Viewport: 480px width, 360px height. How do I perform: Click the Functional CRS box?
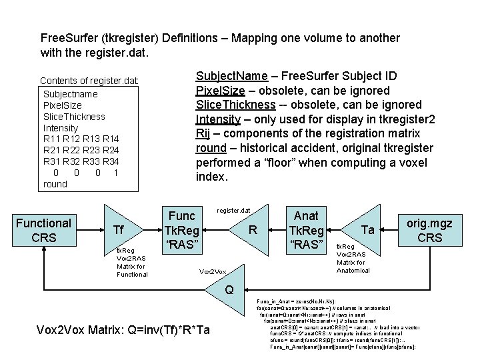tap(43, 230)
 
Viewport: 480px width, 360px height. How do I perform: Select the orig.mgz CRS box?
tap(434, 230)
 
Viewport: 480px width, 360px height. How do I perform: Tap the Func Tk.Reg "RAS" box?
tap(181, 230)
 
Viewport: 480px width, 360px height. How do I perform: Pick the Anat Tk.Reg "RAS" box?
tap(305, 230)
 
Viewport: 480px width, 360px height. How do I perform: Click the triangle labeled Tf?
tap(119, 230)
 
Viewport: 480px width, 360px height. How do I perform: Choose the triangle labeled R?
tap(250, 231)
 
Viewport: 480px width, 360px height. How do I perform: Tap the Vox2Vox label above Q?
tap(213, 272)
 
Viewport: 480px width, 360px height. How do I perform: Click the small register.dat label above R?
tap(233, 211)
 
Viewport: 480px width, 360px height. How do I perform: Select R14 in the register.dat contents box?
tap(111, 139)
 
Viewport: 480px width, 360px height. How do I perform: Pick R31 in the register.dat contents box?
tap(53, 161)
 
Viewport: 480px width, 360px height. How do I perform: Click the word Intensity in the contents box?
tap(61, 127)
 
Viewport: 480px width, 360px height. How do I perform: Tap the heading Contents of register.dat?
tap(89, 81)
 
